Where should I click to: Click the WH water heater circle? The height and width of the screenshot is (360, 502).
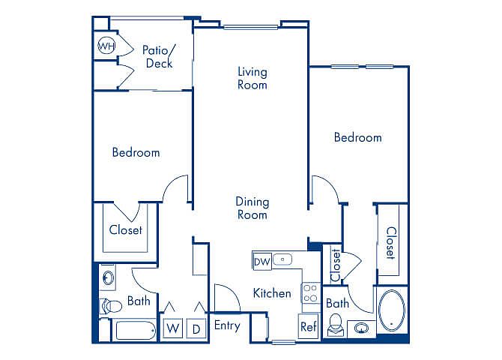(106, 46)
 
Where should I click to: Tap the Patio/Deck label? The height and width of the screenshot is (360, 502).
(159, 56)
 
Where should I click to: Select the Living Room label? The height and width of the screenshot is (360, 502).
(252, 78)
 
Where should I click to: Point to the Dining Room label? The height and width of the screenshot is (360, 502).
(252, 208)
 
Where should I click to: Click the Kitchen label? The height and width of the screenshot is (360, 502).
(272, 293)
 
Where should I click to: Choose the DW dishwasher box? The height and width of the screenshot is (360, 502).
(262, 262)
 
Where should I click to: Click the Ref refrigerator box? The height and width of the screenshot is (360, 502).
(309, 326)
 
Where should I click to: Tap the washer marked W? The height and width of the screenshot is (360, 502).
(173, 328)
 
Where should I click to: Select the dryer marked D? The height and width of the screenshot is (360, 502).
(196, 328)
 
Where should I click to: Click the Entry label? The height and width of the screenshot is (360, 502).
(227, 325)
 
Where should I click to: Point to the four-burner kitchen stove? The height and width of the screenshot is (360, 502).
(310, 293)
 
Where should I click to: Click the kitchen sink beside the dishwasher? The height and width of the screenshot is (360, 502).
(282, 259)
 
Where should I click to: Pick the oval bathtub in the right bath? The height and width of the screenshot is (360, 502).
(392, 310)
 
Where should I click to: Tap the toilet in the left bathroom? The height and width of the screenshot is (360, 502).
(111, 306)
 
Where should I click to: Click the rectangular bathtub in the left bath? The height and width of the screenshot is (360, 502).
(136, 330)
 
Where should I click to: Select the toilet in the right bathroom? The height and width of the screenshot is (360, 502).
(336, 325)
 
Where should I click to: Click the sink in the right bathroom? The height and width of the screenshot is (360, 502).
(361, 328)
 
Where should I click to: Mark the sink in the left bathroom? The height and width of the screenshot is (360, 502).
(109, 278)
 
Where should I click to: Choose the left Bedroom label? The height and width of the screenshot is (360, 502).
(136, 152)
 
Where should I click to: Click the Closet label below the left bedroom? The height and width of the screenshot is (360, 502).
(126, 229)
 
